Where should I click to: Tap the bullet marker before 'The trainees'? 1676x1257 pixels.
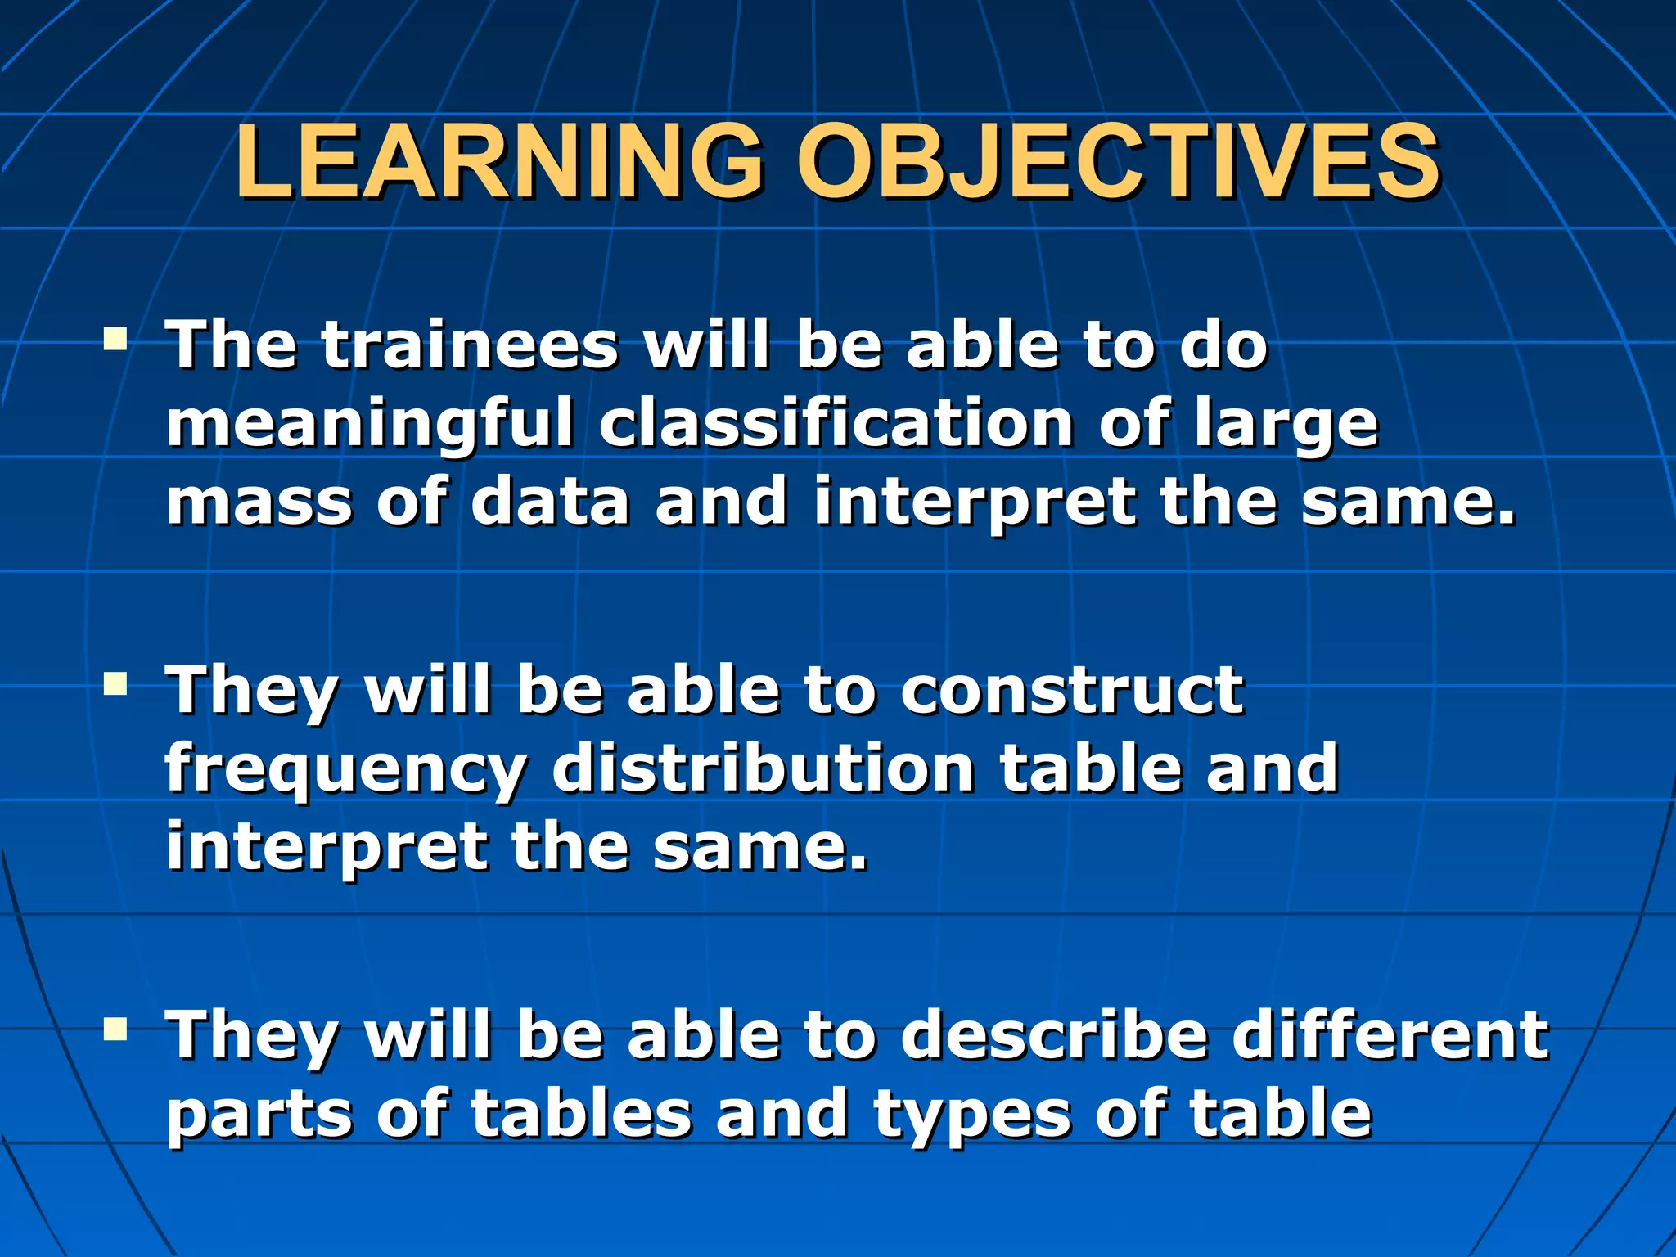[x=115, y=337]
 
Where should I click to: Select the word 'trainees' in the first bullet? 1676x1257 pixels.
[x=468, y=345]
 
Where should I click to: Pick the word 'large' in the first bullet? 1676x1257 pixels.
[x=1286, y=426]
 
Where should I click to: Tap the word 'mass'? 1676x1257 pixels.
[x=259, y=502]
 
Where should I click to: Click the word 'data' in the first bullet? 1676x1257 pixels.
[x=550, y=502]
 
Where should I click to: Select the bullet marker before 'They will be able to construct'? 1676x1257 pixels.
[x=115, y=683]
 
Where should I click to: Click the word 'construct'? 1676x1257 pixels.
[x=1071, y=691]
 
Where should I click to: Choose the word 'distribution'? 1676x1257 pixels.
[x=763, y=768]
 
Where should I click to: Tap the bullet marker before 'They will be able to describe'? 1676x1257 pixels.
[x=115, y=1028]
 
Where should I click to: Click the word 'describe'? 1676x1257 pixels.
[x=1054, y=1035]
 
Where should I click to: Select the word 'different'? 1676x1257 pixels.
[x=1390, y=1035]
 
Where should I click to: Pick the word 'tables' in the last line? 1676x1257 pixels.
[x=582, y=1114]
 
